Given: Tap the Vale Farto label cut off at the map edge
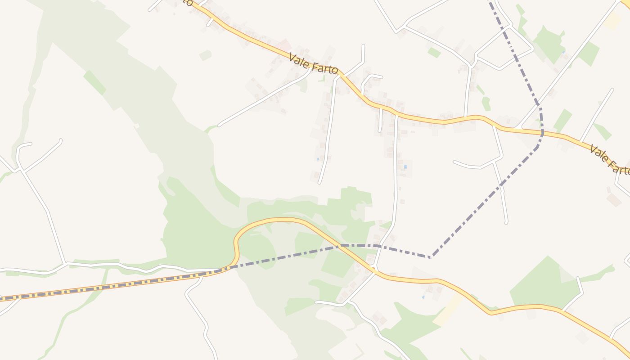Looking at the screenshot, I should [x=610, y=159].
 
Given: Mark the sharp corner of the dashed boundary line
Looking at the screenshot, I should [x=431, y=257].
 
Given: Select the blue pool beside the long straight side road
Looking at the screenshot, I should [x=405, y=167].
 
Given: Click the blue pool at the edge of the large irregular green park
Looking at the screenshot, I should [x=563, y=52].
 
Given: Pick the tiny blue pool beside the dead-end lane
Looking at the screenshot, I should [x=319, y=159].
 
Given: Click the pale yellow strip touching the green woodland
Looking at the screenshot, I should [x=448, y=310].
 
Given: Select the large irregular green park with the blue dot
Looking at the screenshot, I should [x=549, y=45].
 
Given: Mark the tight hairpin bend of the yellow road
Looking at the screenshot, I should [x=236, y=243].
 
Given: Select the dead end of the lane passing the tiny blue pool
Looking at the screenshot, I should [x=319, y=183].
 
